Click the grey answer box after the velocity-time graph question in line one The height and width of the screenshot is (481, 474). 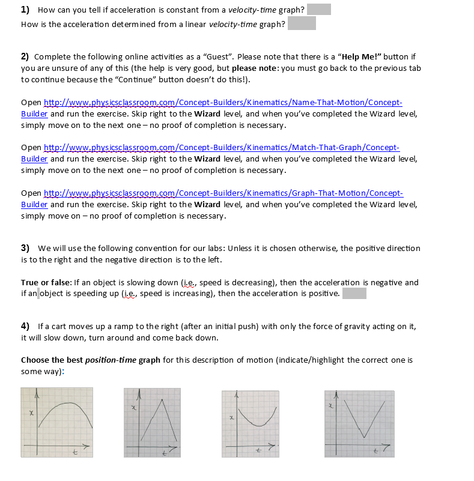[x=318, y=10]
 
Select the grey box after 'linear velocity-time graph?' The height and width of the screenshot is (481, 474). [x=302, y=23]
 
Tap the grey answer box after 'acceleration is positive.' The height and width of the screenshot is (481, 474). [x=354, y=293]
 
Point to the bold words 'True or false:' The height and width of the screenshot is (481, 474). [x=46, y=282]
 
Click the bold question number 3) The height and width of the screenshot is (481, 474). [x=25, y=248]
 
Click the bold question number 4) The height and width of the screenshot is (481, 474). [x=25, y=326]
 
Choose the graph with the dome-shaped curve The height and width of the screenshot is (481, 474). [x=56, y=422]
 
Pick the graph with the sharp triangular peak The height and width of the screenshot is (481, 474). [x=152, y=422]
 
